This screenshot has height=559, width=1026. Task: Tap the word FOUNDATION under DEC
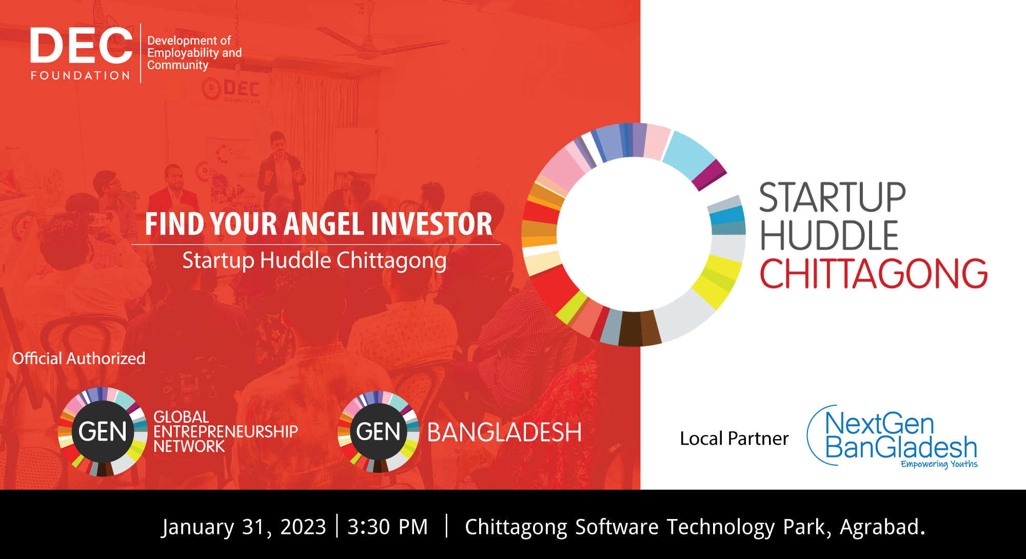click(x=81, y=76)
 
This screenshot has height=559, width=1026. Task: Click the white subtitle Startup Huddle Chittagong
click(x=314, y=261)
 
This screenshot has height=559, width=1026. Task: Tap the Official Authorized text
click(x=79, y=358)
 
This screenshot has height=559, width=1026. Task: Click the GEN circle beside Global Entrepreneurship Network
click(x=103, y=431)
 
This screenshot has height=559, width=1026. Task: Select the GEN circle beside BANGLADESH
click(x=379, y=431)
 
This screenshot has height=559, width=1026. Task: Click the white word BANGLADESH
click(x=504, y=432)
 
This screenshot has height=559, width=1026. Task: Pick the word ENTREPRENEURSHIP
click(x=226, y=432)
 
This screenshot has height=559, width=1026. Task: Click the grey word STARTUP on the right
click(x=832, y=197)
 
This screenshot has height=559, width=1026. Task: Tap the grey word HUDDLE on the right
click(x=829, y=235)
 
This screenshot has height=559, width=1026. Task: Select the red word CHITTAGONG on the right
click(x=874, y=274)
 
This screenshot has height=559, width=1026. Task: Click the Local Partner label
click(x=734, y=439)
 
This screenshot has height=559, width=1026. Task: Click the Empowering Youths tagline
click(x=939, y=464)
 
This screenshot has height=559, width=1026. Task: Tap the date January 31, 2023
click(x=244, y=527)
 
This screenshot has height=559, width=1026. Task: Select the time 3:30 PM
click(x=388, y=527)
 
